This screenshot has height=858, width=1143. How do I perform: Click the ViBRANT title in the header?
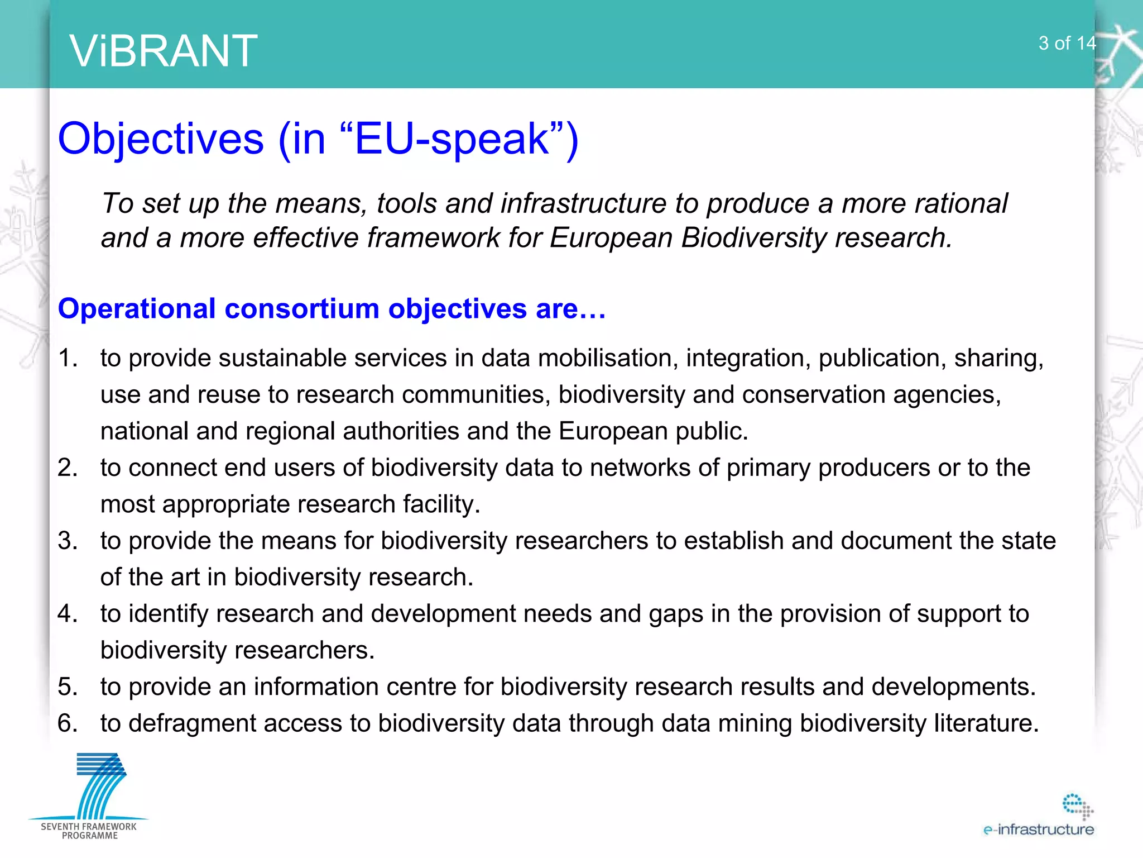(x=164, y=51)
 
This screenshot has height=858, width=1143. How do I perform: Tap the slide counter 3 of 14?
(x=1067, y=43)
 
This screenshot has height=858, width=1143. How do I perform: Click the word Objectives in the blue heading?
(x=161, y=139)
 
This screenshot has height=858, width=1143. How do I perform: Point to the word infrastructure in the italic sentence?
(x=583, y=203)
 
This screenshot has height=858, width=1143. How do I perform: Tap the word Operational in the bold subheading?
(x=137, y=308)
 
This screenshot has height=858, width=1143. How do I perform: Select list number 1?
(x=68, y=358)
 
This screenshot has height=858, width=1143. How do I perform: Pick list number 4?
(x=68, y=614)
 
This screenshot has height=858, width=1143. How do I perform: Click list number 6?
(x=68, y=723)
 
